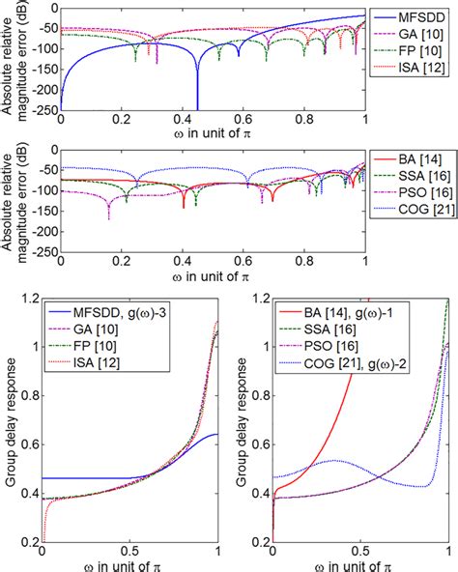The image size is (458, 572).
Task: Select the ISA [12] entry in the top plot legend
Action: [415, 67]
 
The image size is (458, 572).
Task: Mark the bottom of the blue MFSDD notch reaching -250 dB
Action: [197, 108]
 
